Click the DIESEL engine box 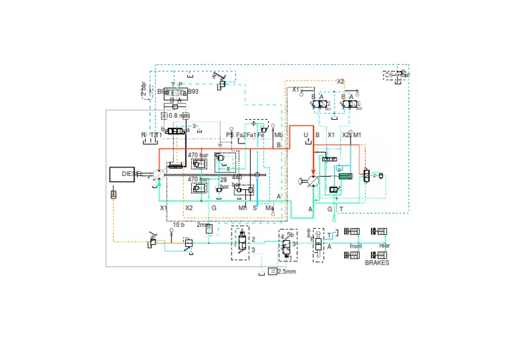[x=126, y=174]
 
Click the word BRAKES [x=377, y=262]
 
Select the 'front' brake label [x=355, y=246]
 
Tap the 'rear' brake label [x=384, y=246]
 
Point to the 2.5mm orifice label [x=286, y=271]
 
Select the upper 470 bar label [x=198, y=155]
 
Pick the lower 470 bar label [x=198, y=179]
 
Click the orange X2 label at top [x=340, y=81]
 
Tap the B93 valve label [x=193, y=91]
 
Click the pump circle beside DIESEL [x=158, y=175]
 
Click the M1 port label [x=358, y=135]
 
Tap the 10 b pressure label [x=179, y=225]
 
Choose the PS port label [x=230, y=135]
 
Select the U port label [x=306, y=135]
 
